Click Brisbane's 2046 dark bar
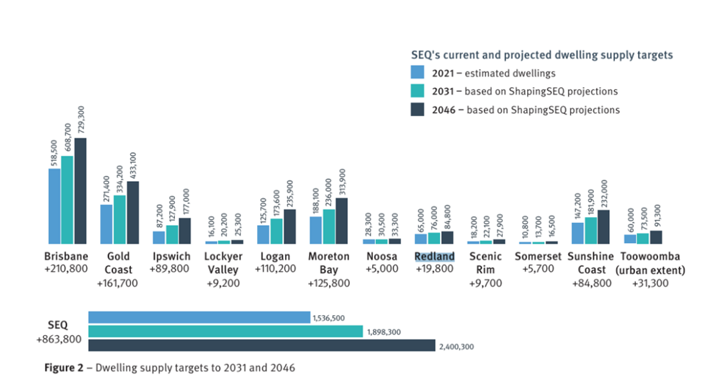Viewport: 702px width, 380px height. click(x=81, y=191)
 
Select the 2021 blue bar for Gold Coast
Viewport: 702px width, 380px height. click(x=107, y=224)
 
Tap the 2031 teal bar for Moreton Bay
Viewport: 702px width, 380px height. click(x=329, y=226)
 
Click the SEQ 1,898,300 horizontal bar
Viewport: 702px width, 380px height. click(x=225, y=332)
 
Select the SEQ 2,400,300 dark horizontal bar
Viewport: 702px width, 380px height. click(x=262, y=345)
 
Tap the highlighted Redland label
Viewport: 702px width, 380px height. click(x=435, y=257)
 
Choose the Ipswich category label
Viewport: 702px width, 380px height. click(x=172, y=257)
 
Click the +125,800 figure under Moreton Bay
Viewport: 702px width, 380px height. click(x=329, y=283)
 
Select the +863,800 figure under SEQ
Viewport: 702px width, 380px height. click(x=57, y=339)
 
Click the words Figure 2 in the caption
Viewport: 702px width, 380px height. click(x=63, y=366)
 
